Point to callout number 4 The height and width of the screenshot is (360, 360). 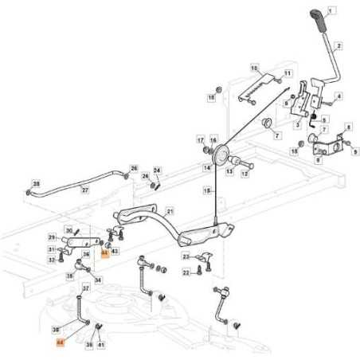pos(339,96)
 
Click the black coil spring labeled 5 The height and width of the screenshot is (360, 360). pos(314,120)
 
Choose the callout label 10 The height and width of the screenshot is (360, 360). pos(254,68)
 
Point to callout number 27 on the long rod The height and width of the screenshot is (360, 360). pos(85,190)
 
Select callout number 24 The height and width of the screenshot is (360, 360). pos(157,170)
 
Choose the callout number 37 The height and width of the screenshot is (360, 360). pos(86,288)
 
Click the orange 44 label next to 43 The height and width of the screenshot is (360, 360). pos(104,252)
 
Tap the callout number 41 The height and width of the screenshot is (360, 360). pos(102,344)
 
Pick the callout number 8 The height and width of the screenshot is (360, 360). pos(348,127)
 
